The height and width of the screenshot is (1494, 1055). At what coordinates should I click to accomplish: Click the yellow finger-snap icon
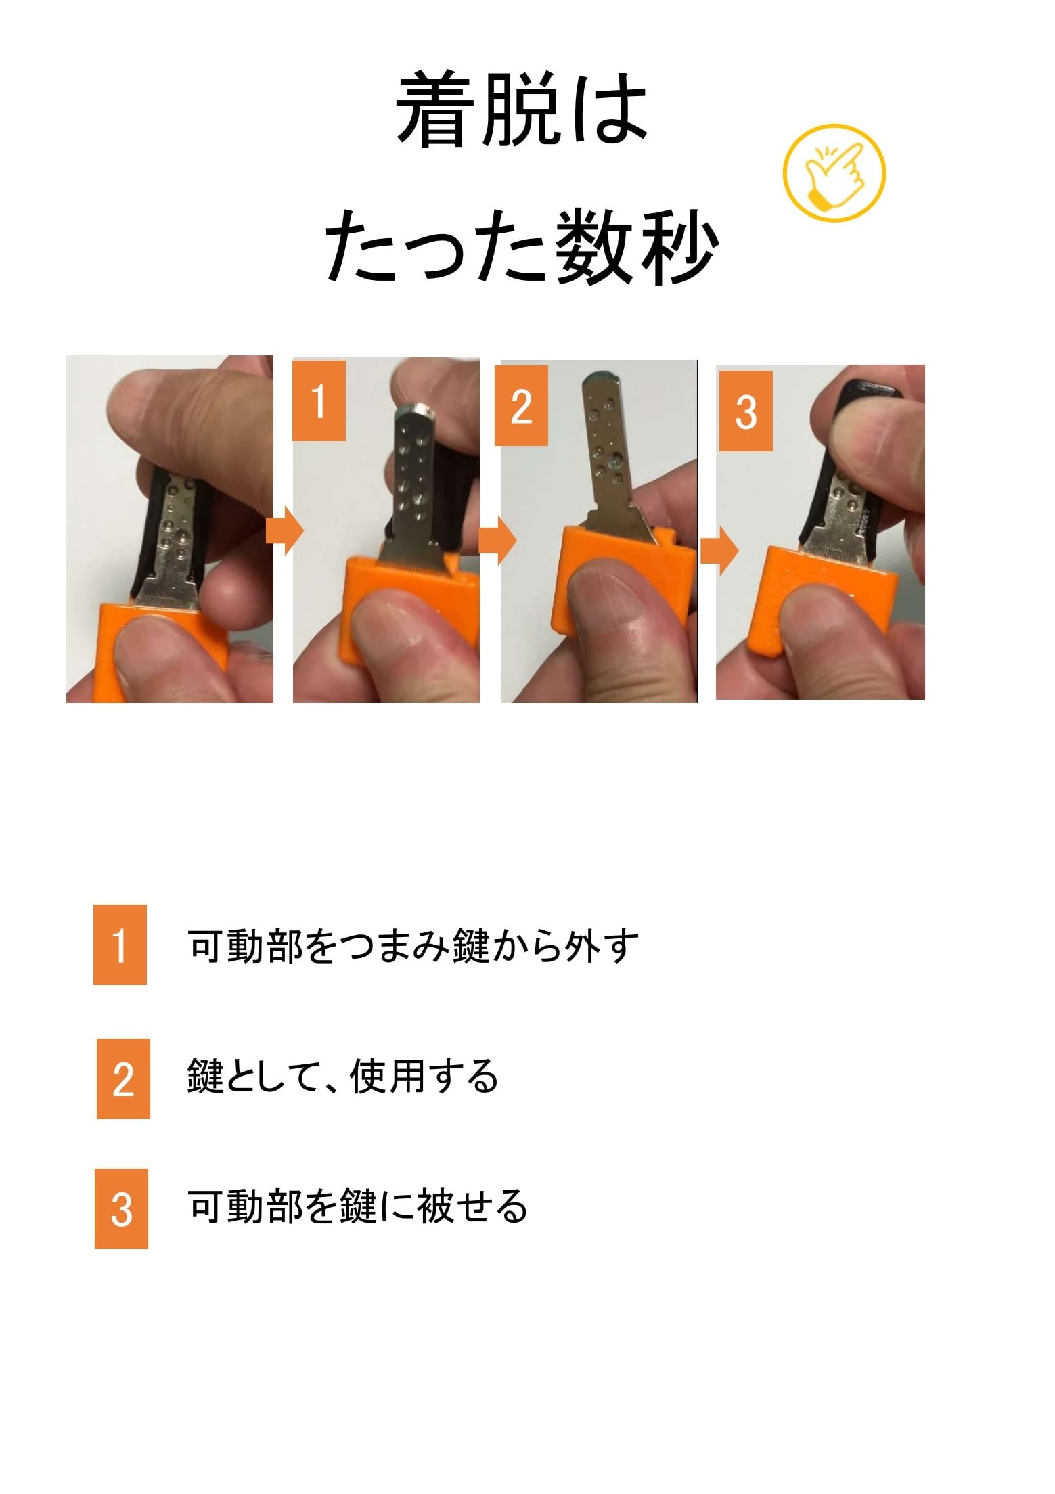[834, 173]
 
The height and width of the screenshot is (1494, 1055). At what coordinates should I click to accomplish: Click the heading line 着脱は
[522, 110]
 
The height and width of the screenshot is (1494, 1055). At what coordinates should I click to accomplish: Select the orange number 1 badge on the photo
[319, 401]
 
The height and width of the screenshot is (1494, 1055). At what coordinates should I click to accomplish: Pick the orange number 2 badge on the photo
[521, 406]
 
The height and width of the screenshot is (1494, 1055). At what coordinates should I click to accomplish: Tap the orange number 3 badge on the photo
[746, 411]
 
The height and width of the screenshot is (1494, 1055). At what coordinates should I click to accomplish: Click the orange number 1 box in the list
[120, 945]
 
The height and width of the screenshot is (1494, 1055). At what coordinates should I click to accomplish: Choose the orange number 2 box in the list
[123, 1079]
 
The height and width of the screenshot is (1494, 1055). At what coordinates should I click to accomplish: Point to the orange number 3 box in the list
[121, 1208]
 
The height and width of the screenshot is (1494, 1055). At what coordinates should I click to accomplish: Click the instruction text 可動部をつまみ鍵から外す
[413, 945]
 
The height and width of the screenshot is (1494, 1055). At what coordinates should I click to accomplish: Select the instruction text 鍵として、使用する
[342, 1077]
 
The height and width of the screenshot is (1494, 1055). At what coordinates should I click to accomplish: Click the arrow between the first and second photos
[285, 531]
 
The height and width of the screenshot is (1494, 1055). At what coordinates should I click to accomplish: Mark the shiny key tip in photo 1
[416, 409]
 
